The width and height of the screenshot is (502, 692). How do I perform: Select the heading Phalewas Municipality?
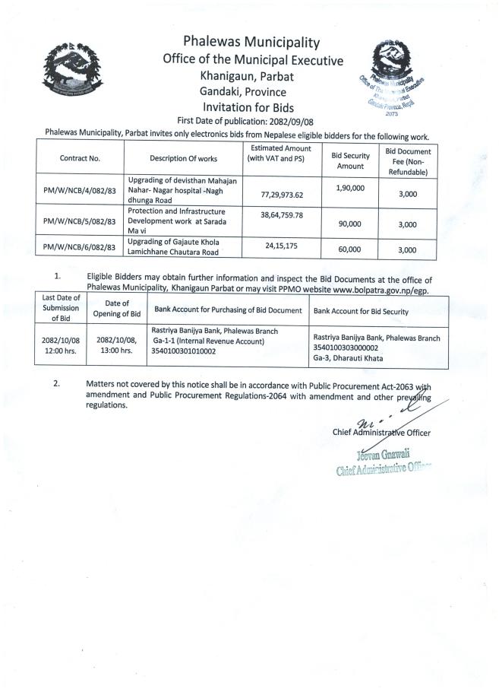[x=251, y=43]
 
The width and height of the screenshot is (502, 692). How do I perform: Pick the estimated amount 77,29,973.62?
[x=282, y=195]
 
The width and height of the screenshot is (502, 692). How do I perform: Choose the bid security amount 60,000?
[x=350, y=249]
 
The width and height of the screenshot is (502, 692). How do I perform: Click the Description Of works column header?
[x=183, y=158]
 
